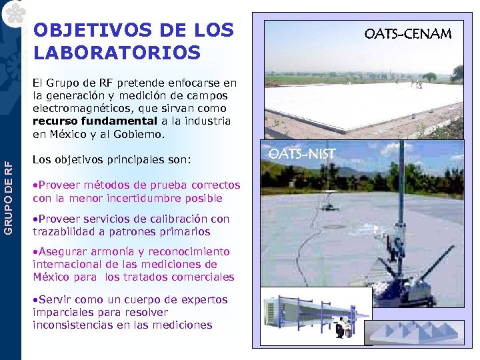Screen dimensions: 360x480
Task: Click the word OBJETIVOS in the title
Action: [x=78, y=31]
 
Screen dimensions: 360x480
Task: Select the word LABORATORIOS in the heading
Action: [x=117, y=52]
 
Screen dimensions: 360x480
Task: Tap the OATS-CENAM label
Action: [x=407, y=33]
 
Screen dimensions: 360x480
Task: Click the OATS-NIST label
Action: [x=301, y=155]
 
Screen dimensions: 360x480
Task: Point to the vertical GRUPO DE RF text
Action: [x=9, y=196]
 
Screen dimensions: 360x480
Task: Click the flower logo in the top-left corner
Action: [x=11, y=11]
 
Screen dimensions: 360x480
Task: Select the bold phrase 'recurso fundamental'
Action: [x=95, y=121]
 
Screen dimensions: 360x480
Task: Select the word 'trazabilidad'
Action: [x=64, y=231]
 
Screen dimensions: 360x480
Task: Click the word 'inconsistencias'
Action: [x=72, y=325]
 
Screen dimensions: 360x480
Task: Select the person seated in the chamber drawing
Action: [x=341, y=328]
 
